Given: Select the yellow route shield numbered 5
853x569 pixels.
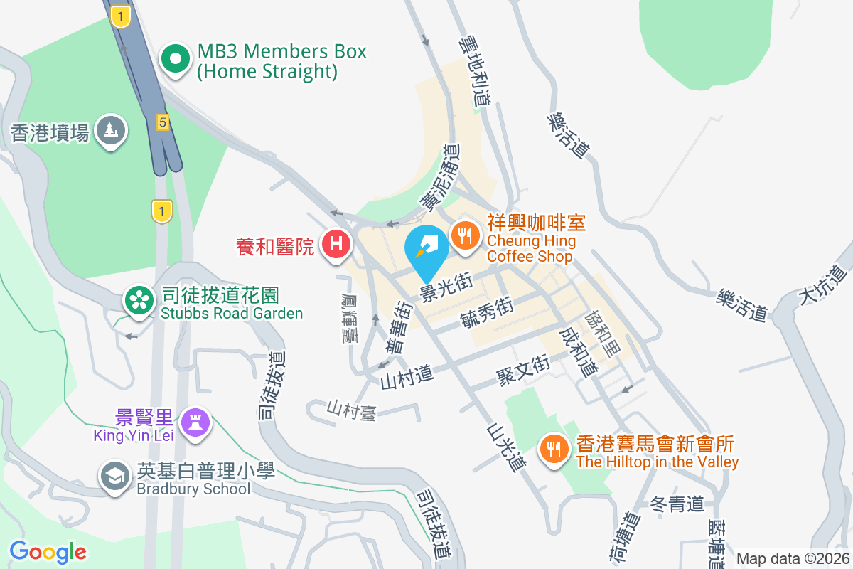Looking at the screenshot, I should click(x=163, y=123).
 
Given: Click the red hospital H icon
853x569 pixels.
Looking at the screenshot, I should click(x=336, y=245).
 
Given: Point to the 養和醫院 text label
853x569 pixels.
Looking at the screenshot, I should click(x=274, y=247).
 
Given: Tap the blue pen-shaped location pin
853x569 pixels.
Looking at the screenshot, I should click(x=426, y=249).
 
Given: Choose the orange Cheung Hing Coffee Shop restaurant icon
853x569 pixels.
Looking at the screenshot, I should click(x=465, y=234).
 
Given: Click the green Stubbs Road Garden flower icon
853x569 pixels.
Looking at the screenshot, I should click(x=139, y=301).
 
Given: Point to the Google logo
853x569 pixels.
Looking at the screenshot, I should click(x=48, y=552).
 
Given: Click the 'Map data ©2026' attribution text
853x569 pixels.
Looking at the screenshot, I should click(x=792, y=558).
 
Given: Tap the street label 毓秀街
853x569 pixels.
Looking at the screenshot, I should click(x=487, y=313).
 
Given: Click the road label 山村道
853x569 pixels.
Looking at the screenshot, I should click(x=407, y=373).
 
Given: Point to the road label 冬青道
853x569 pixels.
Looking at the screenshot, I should click(x=677, y=504).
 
